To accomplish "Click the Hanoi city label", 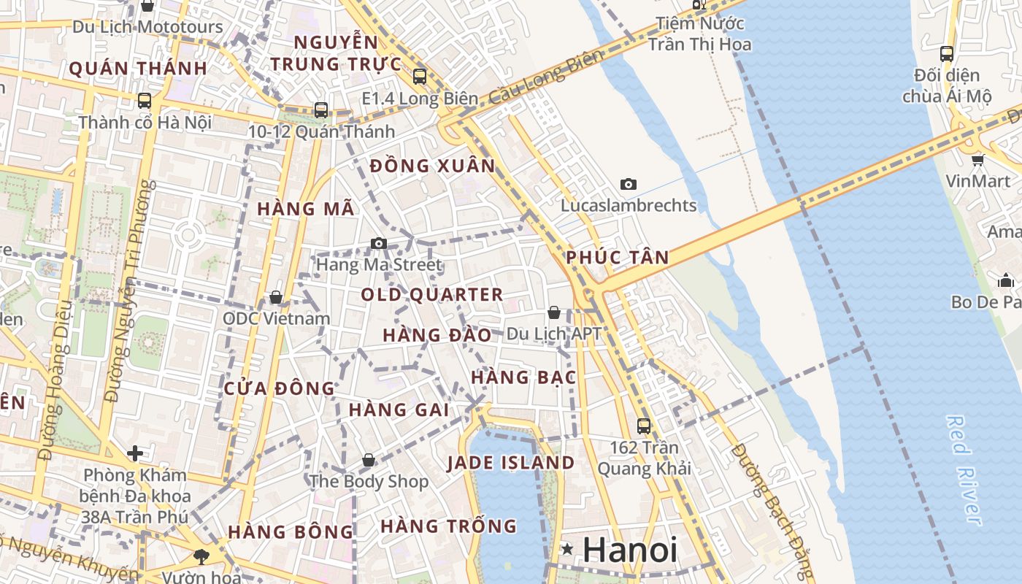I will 630,550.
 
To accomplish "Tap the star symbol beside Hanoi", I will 566,549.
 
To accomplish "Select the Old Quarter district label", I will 432,295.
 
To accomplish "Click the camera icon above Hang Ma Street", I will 378,243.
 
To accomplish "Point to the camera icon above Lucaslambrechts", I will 628,184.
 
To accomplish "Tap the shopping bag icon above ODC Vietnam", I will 276,297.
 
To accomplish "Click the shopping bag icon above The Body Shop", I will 369,460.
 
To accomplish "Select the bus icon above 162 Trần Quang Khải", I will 643,426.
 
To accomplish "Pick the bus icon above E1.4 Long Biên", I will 420,76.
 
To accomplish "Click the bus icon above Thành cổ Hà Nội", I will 145,101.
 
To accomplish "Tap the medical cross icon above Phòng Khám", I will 135,453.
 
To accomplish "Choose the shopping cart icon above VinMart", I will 977,160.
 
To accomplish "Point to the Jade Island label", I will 511,463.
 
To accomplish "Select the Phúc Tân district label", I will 618,258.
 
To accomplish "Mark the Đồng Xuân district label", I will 433,166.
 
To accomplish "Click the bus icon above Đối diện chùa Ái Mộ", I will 947,53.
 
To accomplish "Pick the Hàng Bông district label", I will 291,532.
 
